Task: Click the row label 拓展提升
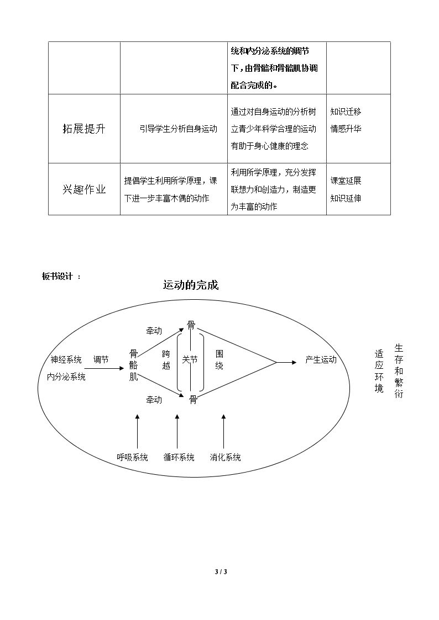pyautogui.click(x=84, y=129)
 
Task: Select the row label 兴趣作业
pyautogui.click(x=84, y=189)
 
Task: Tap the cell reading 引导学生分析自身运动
pyautogui.click(x=179, y=129)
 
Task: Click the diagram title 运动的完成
pyautogui.click(x=191, y=285)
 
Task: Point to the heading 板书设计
pyautogui.click(x=58, y=277)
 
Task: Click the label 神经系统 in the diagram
pyautogui.click(x=66, y=359)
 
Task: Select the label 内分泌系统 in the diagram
pyautogui.click(x=66, y=377)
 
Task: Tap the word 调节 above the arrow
pyautogui.click(x=101, y=359)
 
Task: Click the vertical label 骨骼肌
pyautogui.click(x=133, y=365)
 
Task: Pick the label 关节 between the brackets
pyautogui.click(x=190, y=359)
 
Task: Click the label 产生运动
pyautogui.click(x=321, y=359)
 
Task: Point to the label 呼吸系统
pyautogui.click(x=132, y=457)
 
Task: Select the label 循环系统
pyautogui.click(x=179, y=457)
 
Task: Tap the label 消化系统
pyautogui.click(x=225, y=457)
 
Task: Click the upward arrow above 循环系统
pyautogui.click(x=177, y=431)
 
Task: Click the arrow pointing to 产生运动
pyautogui.click(x=286, y=362)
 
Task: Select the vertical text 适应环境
pyautogui.click(x=379, y=371)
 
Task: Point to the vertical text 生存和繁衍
pyautogui.click(x=399, y=371)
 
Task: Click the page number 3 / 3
pyautogui.click(x=221, y=571)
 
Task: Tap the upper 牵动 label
pyautogui.click(x=154, y=331)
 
